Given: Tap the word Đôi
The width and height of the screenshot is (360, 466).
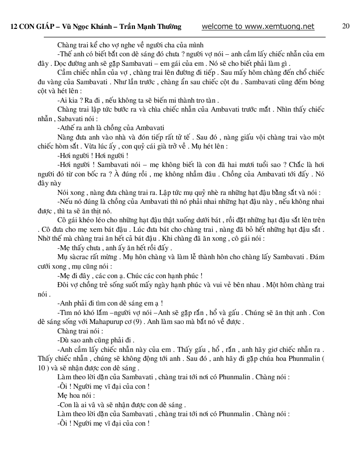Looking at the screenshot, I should (63, 285).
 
